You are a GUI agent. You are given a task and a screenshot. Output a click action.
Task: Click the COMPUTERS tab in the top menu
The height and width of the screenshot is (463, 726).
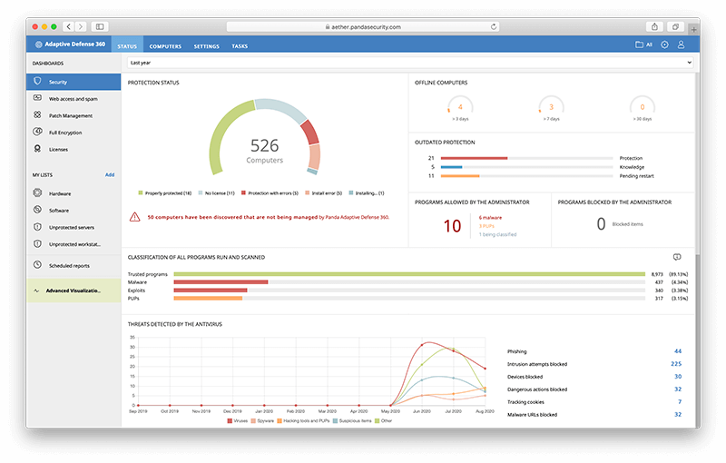click(165, 45)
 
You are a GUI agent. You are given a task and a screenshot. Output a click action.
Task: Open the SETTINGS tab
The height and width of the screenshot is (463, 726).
click(206, 45)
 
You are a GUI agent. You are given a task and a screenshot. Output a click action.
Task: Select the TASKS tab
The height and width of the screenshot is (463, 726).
click(240, 45)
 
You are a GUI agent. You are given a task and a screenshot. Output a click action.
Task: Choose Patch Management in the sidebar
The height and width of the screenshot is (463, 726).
click(70, 115)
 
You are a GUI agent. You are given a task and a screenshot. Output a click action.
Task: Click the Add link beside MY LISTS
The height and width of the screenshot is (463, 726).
click(110, 174)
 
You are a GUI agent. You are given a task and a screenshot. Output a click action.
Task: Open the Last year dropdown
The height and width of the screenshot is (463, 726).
click(410, 64)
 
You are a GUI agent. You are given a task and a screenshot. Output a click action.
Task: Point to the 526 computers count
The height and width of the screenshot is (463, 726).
click(265, 145)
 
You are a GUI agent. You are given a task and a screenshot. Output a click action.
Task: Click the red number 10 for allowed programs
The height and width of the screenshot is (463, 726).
click(452, 226)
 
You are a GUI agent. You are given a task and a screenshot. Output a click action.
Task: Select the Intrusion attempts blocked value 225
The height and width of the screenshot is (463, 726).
click(675, 364)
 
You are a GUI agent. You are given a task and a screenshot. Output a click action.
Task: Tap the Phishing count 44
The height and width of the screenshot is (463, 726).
click(677, 350)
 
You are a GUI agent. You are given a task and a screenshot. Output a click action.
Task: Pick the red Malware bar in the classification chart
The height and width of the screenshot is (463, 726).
click(221, 282)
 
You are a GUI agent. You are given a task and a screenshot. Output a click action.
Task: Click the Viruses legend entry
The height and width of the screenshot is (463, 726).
click(237, 421)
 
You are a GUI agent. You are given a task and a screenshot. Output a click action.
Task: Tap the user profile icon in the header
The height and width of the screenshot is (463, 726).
click(682, 44)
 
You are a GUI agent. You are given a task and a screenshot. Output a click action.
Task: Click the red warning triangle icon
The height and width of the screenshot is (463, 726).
click(135, 217)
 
